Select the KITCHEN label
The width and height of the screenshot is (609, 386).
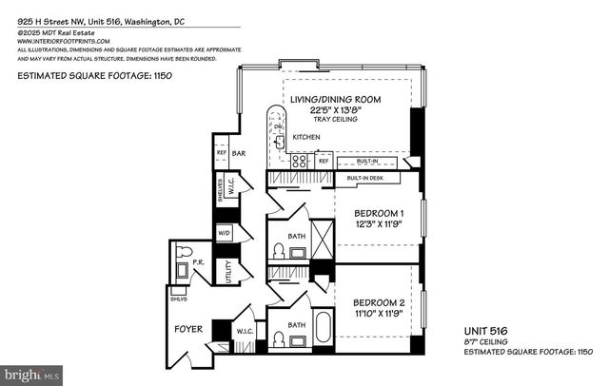(305, 138)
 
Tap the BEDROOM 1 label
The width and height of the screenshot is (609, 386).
(373, 212)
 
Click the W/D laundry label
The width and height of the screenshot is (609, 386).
(225, 232)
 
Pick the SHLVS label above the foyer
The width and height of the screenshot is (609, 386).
(178, 298)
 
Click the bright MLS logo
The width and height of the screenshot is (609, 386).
(31, 374)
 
